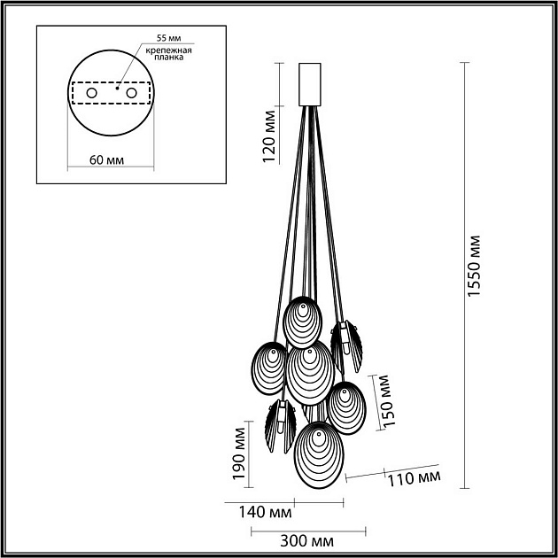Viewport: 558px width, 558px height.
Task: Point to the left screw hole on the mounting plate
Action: click(x=92, y=92)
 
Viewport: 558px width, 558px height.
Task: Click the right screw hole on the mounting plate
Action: click(x=132, y=92)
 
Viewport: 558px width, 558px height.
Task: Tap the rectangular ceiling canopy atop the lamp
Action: click(x=309, y=84)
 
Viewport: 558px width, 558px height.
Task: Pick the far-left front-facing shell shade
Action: click(x=269, y=365)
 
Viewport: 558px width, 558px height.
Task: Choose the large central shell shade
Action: click(x=309, y=374)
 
